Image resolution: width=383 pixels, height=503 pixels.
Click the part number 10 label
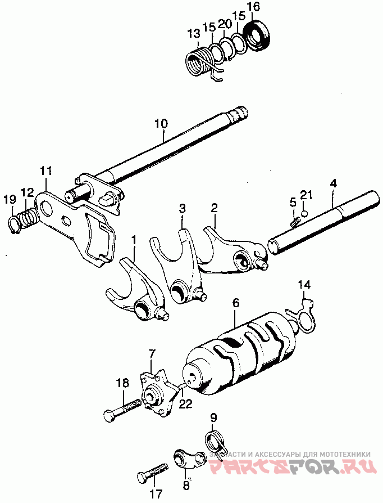(x=161, y=122)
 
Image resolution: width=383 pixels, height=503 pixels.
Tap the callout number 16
(x=253, y=7)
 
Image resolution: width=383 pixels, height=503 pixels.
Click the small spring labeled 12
(x=26, y=217)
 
